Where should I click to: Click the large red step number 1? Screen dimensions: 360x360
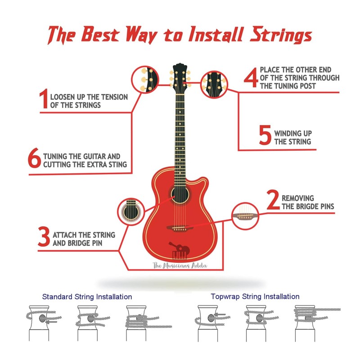pyautogui.click(x=44, y=98)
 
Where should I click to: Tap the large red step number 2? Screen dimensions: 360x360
pyautogui.click(x=273, y=199)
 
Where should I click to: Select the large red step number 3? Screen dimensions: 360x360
pyautogui.click(x=44, y=237)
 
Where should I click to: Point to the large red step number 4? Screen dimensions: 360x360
pyautogui.click(x=251, y=77)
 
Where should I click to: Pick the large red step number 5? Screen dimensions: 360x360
pyautogui.click(x=265, y=135)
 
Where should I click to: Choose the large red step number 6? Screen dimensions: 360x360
pyautogui.click(x=35, y=158)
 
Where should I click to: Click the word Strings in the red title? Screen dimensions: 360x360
pyautogui.click(x=281, y=35)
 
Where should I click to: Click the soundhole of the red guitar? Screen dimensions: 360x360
pyautogui.click(x=180, y=195)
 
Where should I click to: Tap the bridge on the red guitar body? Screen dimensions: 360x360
pyautogui.click(x=180, y=229)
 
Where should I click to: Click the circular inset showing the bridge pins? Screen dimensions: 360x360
pyautogui.click(x=245, y=216)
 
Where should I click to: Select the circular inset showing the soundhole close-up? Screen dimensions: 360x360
pyautogui.click(x=131, y=211)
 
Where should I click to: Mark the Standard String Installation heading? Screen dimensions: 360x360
pyautogui.click(x=87, y=297)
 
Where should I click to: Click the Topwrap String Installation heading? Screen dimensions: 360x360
pyautogui.click(x=255, y=297)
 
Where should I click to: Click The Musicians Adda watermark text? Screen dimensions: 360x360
pyautogui.click(x=180, y=265)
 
